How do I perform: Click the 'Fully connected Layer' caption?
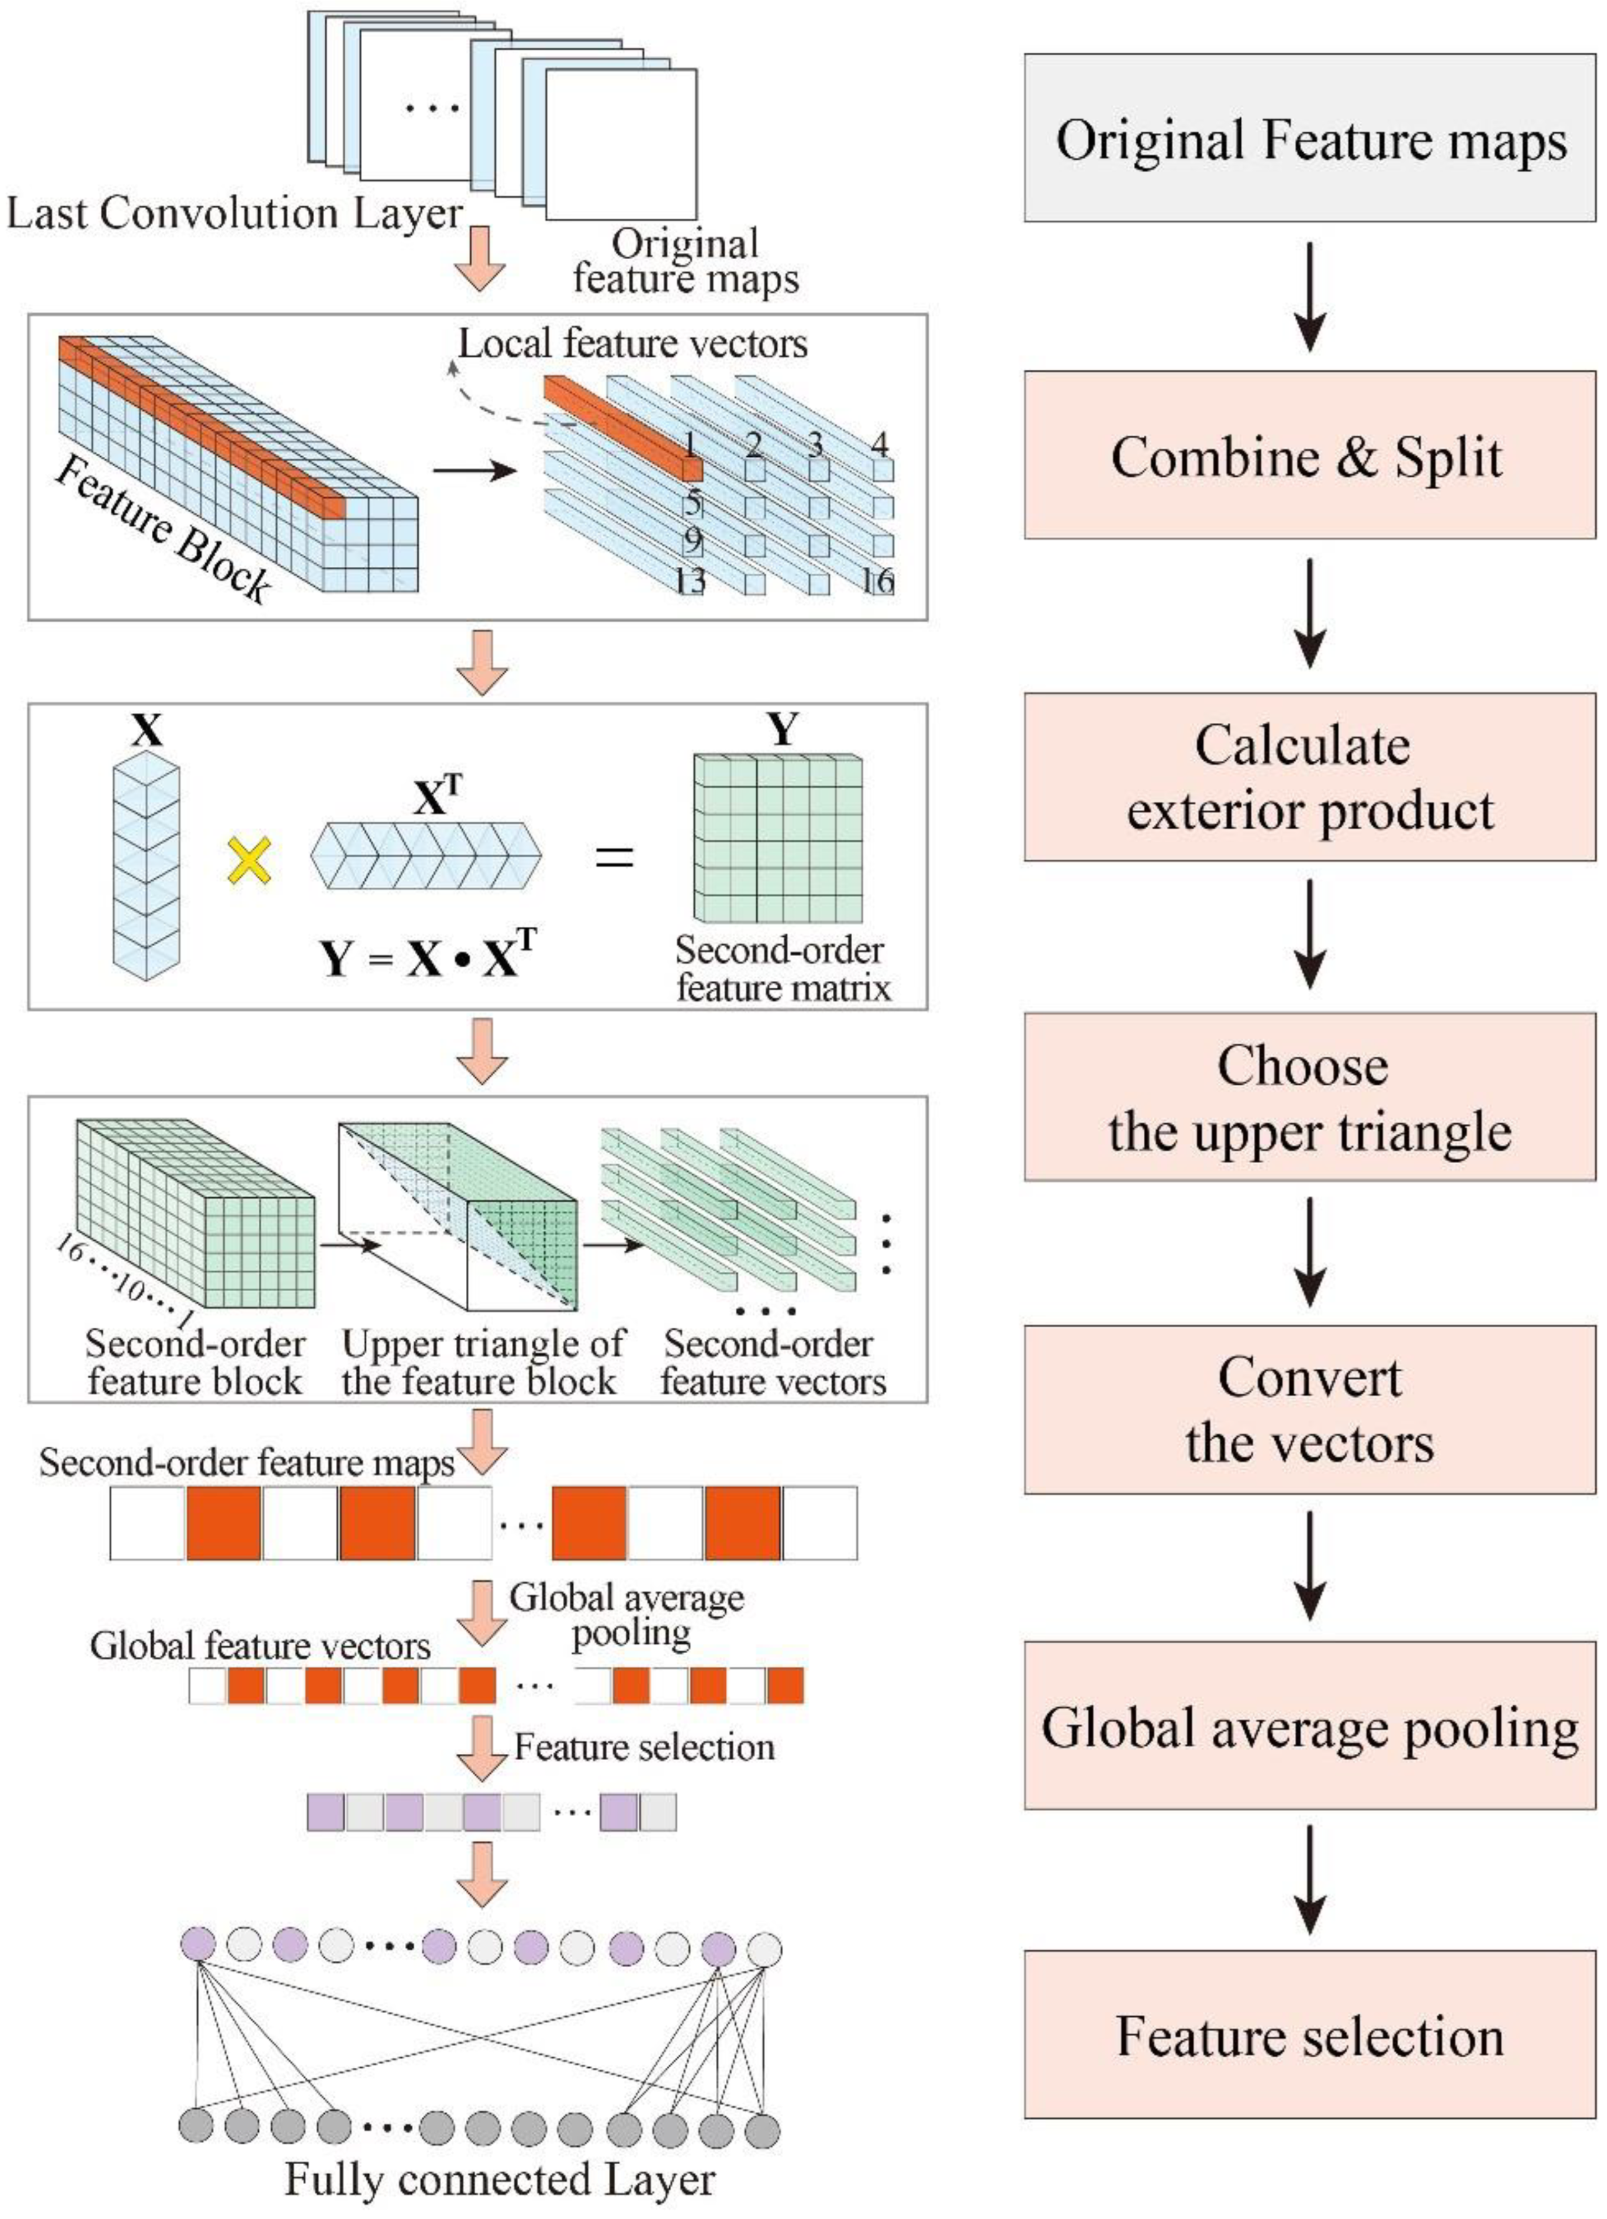pyautogui.click(x=500, y=2180)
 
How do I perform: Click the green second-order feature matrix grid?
pyautogui.click(x=778, y=839)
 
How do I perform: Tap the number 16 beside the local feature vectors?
pyautogui.click(x=877, y=581)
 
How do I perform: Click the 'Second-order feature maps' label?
pyautogui.click(x=247, y=1462)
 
